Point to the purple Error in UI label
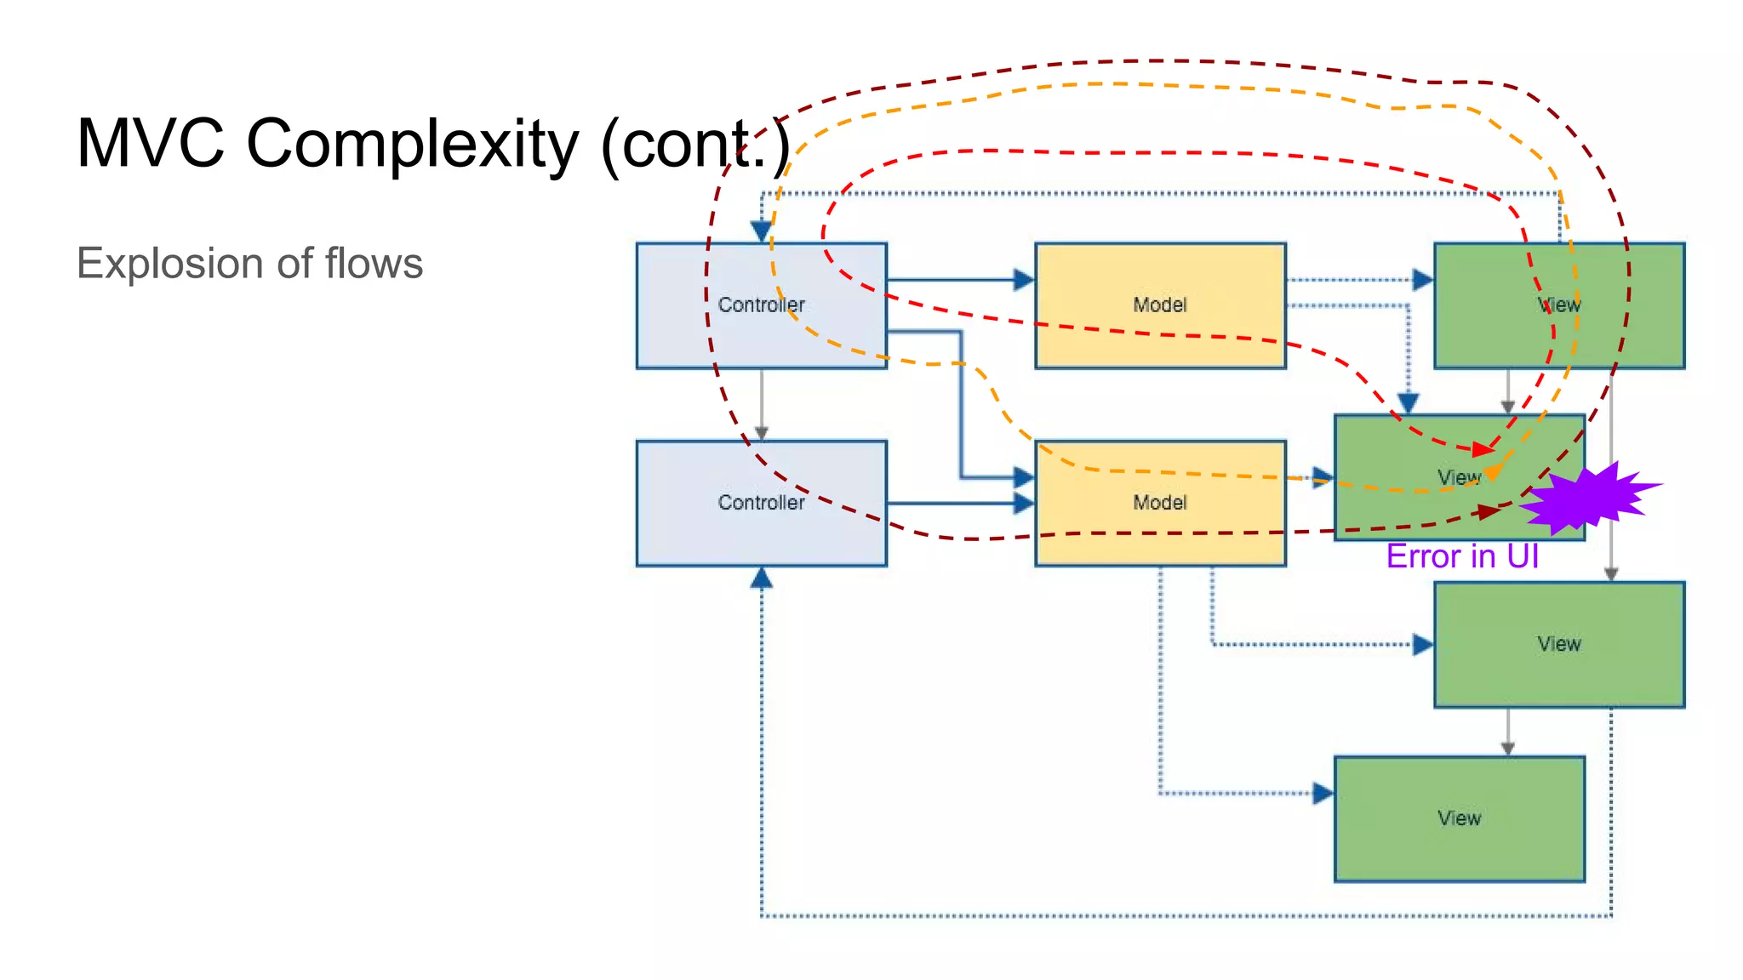point(1461,556)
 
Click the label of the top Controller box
point(761,305)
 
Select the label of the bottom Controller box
point(761,502)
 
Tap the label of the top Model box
point(1159,305)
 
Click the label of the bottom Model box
point(1159,502)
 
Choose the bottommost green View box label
point(1459,818)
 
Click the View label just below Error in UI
point(1558,644)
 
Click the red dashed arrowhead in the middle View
point(1483,448)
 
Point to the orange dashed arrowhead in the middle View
point(1492,470)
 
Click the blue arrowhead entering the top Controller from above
point(761,231)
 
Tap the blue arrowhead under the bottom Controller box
point(761,578)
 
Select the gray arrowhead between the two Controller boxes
point(761,433)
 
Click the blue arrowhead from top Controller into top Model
point(1024,279)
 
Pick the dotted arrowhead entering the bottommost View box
point(1323,793)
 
